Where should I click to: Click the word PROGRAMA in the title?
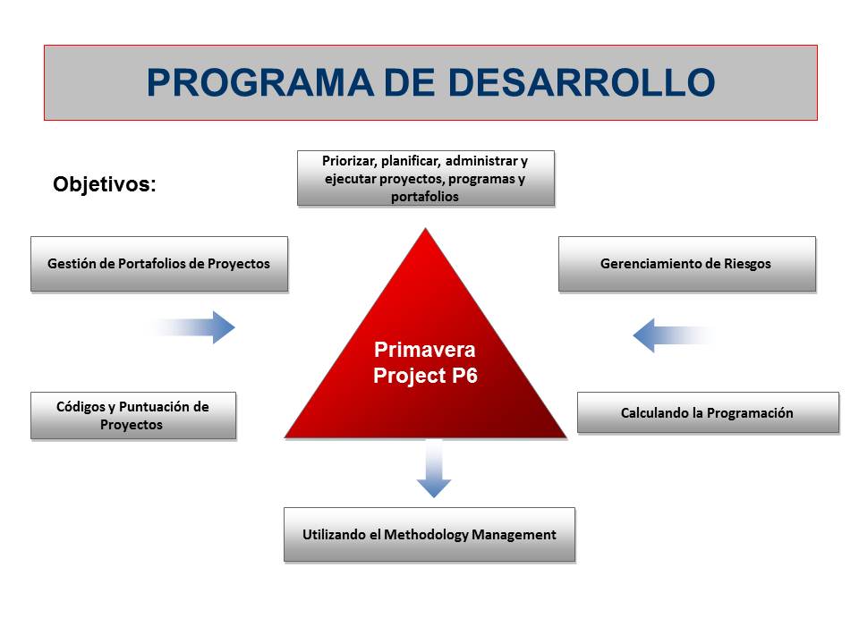[x=260, y=82]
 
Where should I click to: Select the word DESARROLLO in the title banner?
[x=582, y=82]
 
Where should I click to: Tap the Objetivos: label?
[x=105, y=184]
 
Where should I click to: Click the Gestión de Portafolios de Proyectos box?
[x=159, y=264]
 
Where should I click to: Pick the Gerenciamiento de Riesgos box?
[x=687, y=264]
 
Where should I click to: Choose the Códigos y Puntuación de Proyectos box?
[x=133, y=416]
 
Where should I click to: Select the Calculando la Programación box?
[x=708, y=412]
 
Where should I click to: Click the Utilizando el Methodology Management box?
[x=429, y=535]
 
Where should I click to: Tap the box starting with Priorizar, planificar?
[x=426, y=179]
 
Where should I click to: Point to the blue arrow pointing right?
[x=193, y=327]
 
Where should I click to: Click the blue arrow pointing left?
[x=674, y=335]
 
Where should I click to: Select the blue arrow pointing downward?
[x=434, y=469]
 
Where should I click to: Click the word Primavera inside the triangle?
[x=424, y=350]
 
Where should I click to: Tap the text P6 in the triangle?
[x=464, y=376]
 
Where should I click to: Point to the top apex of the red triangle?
[x=426, y=228]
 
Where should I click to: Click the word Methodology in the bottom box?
[x=426, y=535]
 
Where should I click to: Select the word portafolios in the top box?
[x=425, y=197]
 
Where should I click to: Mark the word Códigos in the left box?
[x=81, y=406]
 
